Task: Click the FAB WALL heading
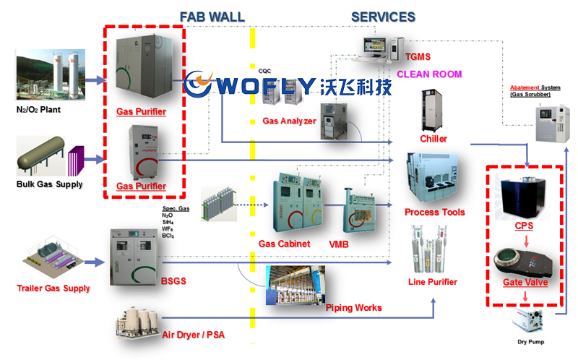[212, 15]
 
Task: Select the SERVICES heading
[383, 16]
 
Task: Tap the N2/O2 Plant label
[42, 110]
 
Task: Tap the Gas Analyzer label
[289, 121]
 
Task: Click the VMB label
[338, 244]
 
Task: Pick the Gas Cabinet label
[285, 244]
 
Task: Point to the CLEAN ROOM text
[429, 74]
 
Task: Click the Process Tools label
[434, 212]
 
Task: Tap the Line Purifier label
[433, 281]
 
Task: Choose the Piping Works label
[353, 308]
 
